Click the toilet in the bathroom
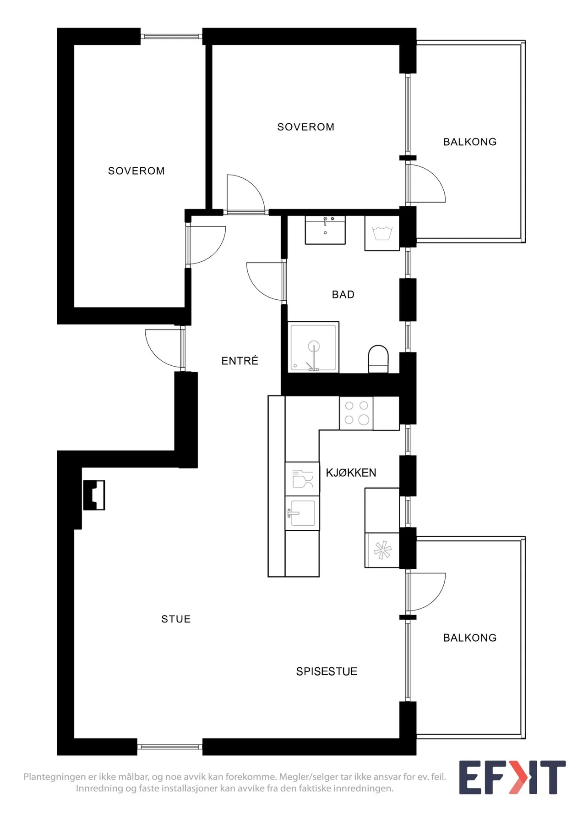[x=378, y=359]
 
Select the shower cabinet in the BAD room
[x=314, y=347]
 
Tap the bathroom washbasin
[x=325, y=230]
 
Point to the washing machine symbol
[x=382, y=233]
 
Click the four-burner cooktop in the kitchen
[x=356, y=413]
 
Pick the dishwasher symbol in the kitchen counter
[x=302, y=478]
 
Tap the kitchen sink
[x=302, y=513]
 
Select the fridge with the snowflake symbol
[x=382, y=550]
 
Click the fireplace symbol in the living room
[x=94, y=495]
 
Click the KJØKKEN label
[x=351, y=473]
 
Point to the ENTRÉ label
[x=240, y=361]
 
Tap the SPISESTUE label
[x=327, y=671]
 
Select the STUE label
[x=176, y=619]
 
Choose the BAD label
[x=343, y=295]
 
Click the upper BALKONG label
[x=470, y=142]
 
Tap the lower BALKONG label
[x=470, y=638]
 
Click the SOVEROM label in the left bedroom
[x=136, y=171]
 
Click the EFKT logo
[x=512, y=778]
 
